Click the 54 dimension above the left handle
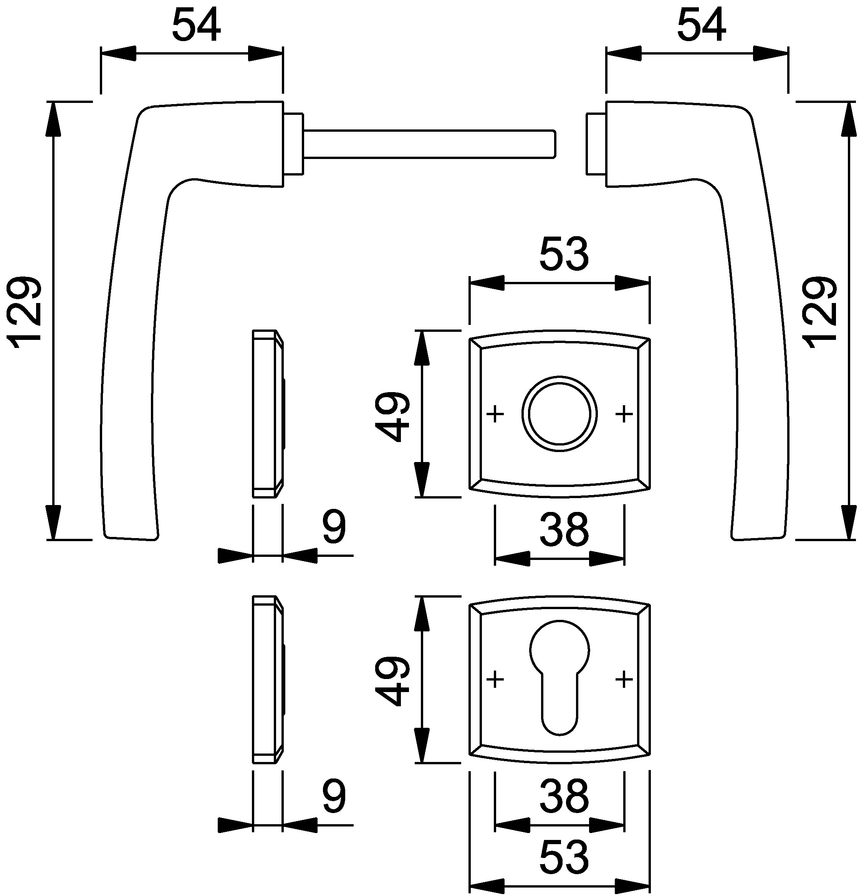[196, 26]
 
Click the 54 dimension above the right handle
[701, 26]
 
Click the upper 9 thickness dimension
[334, 527]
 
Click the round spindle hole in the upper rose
[559, 414]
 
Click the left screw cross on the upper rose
[495, 414]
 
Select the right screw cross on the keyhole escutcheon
[624, 680]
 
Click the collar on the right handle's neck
[596, 144]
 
